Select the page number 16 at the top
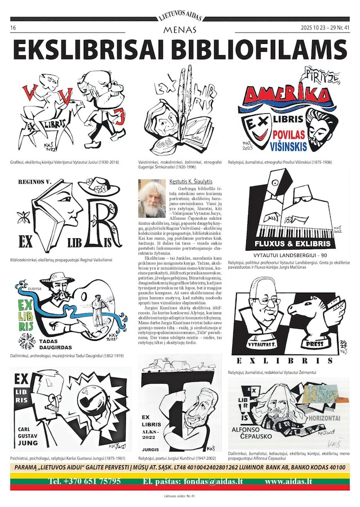click(13, 27)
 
